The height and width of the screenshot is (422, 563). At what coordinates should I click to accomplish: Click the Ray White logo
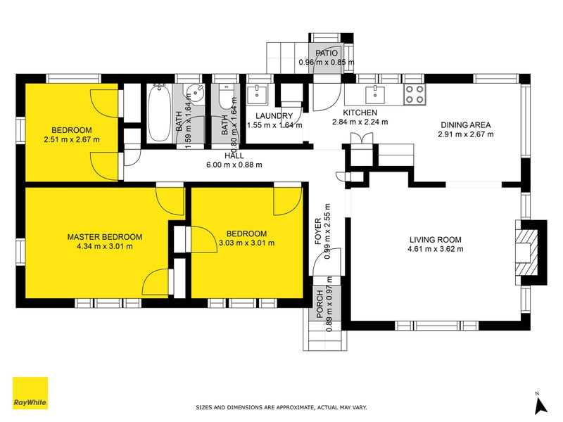click(30, 393)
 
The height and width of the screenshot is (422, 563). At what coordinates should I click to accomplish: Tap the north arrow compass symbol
click(540, 404)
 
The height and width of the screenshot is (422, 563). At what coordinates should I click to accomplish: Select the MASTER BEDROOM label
click(105, 237)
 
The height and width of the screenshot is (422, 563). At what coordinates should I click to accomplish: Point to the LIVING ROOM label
click(436, 240)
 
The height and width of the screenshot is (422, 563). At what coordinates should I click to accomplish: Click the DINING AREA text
click(466, 125)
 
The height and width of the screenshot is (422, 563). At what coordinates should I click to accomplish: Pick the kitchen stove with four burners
click(415, 94)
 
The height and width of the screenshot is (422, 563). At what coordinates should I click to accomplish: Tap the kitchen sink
click(375, 95)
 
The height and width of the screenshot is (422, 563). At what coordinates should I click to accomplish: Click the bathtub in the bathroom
click(160, 113)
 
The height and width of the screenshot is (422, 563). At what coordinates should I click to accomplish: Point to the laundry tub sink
click(257, 95)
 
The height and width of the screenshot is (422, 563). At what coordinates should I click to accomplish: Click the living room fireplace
click(531, 252)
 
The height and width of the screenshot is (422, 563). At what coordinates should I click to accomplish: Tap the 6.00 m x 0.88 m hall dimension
click(234, 165)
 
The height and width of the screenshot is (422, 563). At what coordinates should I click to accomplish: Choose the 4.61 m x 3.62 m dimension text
click(436, 249)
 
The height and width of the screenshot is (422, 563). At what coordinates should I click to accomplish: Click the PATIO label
click(327, 53)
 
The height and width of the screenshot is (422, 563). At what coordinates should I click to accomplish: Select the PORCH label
click(320, 305)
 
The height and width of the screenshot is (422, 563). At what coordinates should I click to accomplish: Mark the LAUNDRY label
click(274, 116)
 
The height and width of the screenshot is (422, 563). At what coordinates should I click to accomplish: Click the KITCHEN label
click(360, 113)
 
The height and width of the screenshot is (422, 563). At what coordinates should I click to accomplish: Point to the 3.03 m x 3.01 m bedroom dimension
click(247, 243)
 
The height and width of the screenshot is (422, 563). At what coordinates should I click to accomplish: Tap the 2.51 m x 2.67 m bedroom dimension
click(72, 139)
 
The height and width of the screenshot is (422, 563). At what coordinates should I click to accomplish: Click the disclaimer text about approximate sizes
click(281, 407)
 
